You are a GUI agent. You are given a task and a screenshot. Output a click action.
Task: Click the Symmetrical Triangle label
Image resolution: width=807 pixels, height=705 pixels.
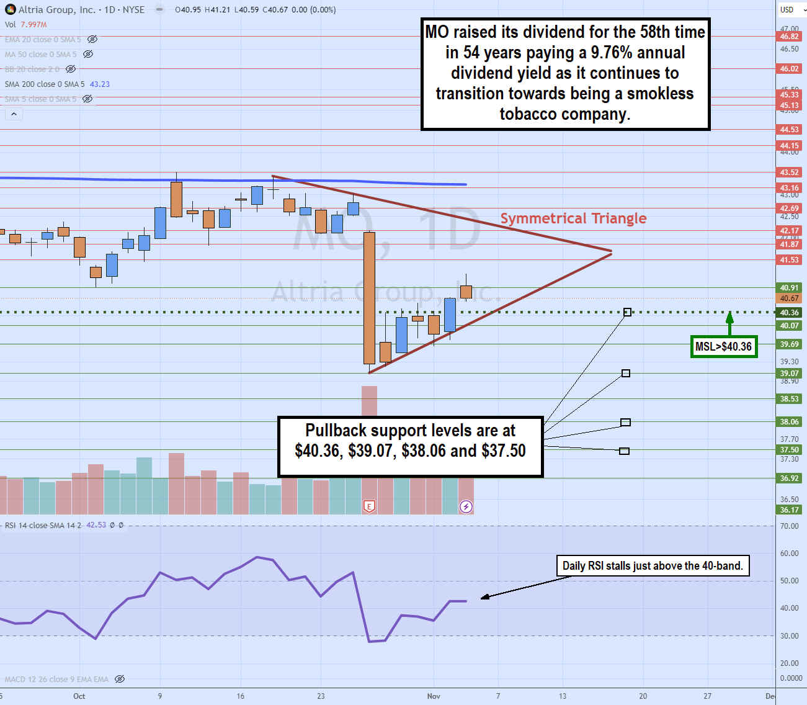tap(573, 218)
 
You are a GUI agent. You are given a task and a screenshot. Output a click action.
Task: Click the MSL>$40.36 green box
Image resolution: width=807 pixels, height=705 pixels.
tap(723, 346)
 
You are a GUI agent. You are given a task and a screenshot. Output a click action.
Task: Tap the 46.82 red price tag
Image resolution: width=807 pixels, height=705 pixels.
tap(789, 37)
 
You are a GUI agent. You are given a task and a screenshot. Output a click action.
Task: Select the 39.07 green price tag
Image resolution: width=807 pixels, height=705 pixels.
tap(789, 374)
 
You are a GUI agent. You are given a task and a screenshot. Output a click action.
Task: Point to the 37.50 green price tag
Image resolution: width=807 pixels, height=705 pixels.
tap(789, 450)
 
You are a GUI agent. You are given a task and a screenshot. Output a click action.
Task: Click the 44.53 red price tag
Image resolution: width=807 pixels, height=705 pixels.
tap(789, 130)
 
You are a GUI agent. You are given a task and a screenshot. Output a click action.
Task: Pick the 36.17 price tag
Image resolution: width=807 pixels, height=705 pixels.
tap(789, 510)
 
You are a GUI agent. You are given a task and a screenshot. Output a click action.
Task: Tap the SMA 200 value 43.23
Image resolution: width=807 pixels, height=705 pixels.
tap(100, 84)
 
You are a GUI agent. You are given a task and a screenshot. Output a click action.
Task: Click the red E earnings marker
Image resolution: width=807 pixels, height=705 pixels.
tap(369, 507)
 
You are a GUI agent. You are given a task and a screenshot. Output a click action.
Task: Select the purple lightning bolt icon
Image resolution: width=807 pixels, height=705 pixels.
tap(466, 507)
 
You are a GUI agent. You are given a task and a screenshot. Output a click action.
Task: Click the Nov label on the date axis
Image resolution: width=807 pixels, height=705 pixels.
tap(434, 696)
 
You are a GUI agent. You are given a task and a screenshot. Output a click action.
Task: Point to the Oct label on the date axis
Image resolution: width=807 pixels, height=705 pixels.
tap(79, 696)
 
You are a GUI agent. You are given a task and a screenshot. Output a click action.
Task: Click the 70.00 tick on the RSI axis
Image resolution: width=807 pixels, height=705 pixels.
tap(789, 526)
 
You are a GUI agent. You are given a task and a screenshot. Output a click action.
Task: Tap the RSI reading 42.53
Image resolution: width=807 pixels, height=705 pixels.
tap(96, 525)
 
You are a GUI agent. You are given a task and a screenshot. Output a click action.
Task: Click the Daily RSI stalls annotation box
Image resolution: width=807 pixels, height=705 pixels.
tap(653, 565)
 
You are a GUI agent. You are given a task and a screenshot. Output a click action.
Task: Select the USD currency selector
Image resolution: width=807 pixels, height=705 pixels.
tap(791, 10)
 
